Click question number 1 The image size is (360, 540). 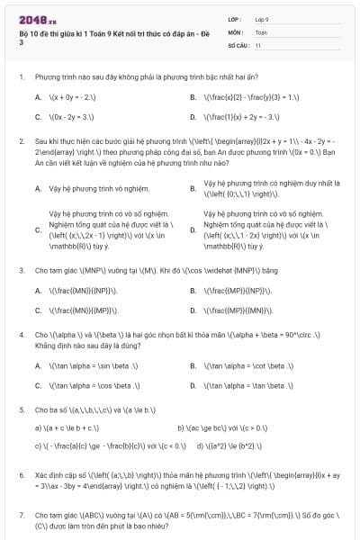pyautogui.click(x=22, y=77)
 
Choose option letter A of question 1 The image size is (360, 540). pyautogui.click(x=37, y=96)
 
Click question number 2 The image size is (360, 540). pyautogui.click(x=22, y=141)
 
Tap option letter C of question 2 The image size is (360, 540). pyautogui.click(x=37, y=229)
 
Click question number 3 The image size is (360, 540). pyautogui.click(x=22, y=271)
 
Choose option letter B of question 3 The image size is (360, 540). pyautogui.click(x=193, y=291)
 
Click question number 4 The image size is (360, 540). pyautogui.click(x=22, y=335)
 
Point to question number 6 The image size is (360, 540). pyautogui.click(x=22, y=473)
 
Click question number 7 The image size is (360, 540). pyautogui.click(x=22, y=515)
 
